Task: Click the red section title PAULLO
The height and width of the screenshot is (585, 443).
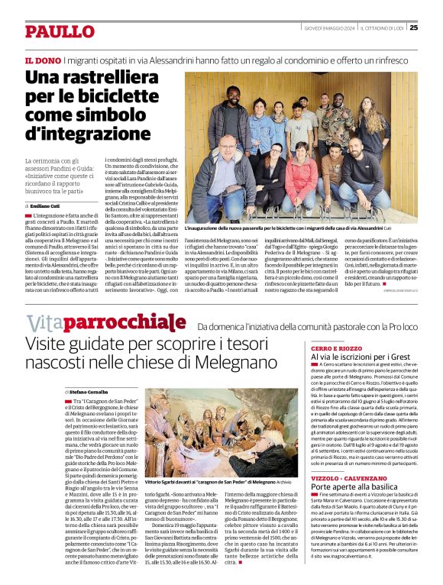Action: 59,31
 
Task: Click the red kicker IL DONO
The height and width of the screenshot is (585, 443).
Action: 43,60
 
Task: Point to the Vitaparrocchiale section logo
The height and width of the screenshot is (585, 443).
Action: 105,322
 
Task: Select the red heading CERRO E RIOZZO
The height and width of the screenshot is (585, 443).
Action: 338,347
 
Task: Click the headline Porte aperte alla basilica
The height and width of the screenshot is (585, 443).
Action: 354,487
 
